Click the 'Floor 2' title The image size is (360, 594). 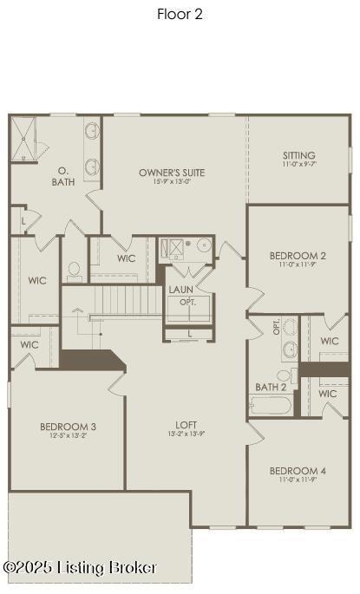point(180,14)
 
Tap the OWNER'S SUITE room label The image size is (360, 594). point(171,173)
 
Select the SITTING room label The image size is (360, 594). point(298,155)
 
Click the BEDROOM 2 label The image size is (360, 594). point(298,256)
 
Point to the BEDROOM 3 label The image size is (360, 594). point(68,427)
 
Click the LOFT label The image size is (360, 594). point(187,425)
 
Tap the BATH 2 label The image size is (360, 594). point(270,387)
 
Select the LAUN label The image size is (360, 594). point(181,290)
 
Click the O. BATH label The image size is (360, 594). point(63,176)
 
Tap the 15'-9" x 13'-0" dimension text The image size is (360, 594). point(171,182)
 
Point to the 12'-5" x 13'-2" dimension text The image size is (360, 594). point(68,436)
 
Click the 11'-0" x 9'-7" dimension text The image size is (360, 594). point(298,164)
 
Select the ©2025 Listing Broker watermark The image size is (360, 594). point(80,568)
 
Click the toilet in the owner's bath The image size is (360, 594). point(74,270)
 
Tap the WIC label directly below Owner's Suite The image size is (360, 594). point(127,258)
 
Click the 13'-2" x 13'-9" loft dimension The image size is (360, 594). point(187,434)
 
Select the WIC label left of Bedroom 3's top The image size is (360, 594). point(29,344)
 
